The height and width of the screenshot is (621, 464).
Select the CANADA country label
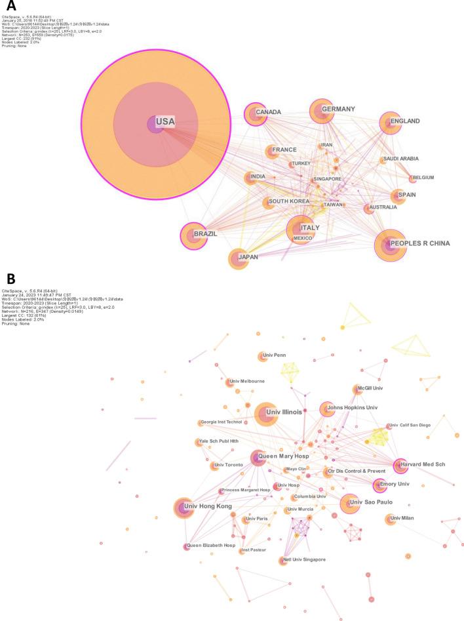coord(269,113)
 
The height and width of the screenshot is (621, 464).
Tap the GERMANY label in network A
coord(339,109)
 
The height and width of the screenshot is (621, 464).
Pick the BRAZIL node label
coord(204,233)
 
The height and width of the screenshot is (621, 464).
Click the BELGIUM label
coord(423,178)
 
